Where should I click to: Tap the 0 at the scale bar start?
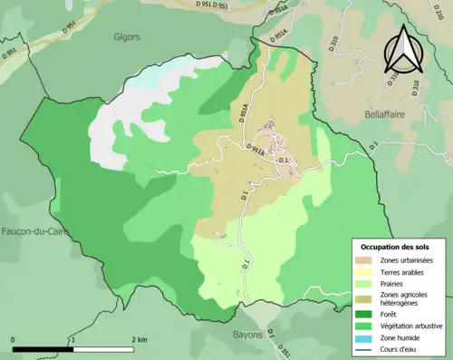coord(14,339)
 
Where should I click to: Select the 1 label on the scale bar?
coord(72,339)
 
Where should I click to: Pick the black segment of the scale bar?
coord(43,349)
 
